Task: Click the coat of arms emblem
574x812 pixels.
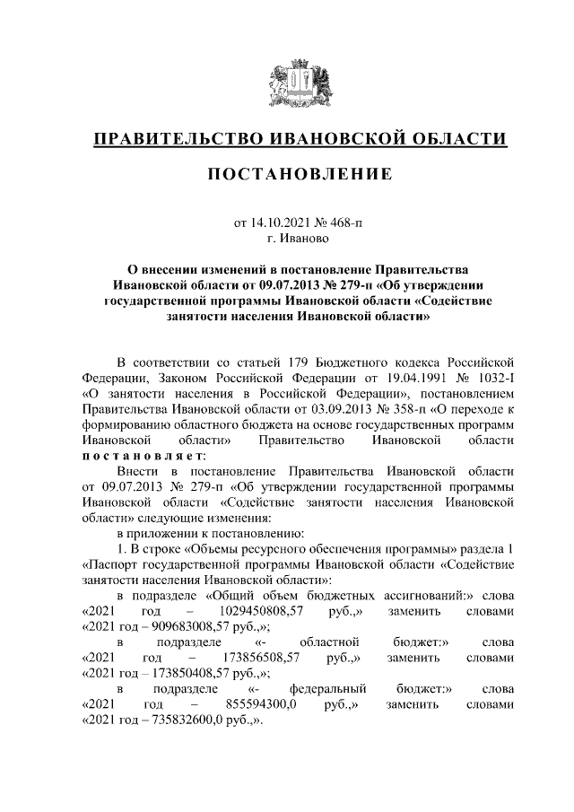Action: [300, 85]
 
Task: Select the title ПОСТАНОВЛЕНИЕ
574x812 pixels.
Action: [300, 174]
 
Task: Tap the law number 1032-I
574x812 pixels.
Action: [494, 378]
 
